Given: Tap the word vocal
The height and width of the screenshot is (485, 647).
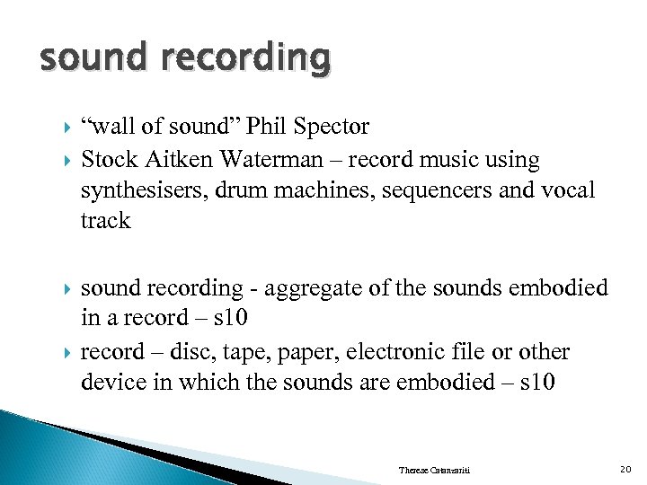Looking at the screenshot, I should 563,190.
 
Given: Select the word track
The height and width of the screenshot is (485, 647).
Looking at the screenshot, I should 105,220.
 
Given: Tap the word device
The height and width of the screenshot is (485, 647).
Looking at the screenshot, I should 110,381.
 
